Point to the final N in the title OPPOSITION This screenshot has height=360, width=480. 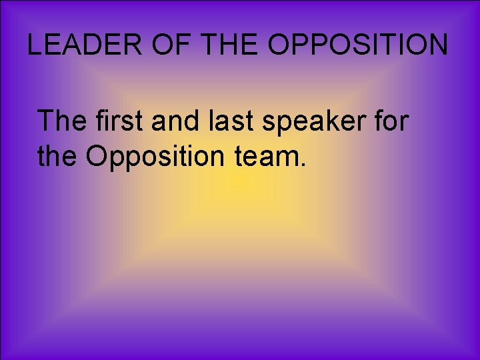(x=437, y=45)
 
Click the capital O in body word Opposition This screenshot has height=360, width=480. (x=97, y=157)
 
